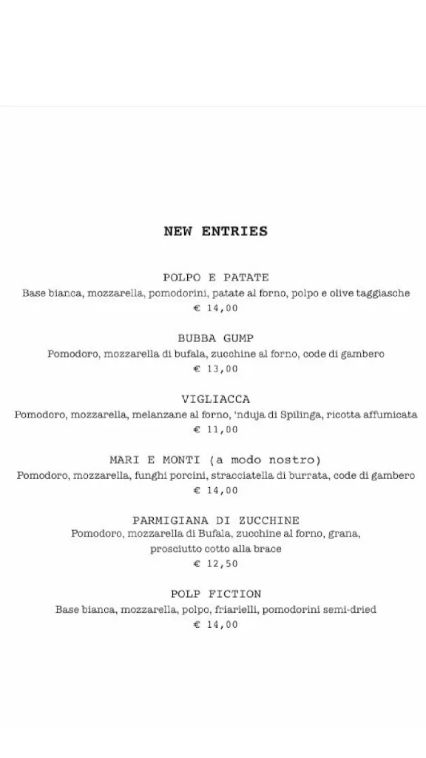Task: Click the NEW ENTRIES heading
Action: pos(215,232)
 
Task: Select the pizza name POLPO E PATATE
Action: pos(215,278)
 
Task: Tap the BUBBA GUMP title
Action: pos(215,338)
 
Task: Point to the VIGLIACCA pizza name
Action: pos(215,399)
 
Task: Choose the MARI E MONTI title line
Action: pos(215,460)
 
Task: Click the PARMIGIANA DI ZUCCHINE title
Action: pos(215,520)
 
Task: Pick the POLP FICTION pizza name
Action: pos(215,594)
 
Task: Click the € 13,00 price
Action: pos(215,369)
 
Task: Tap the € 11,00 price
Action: pos(215,429)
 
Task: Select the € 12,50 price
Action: pos(215,564)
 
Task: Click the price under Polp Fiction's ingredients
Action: pos(215,625)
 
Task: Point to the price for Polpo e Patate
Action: pos(215,308)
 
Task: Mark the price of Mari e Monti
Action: pos(215,490)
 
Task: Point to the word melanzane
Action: pos(159,415)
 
